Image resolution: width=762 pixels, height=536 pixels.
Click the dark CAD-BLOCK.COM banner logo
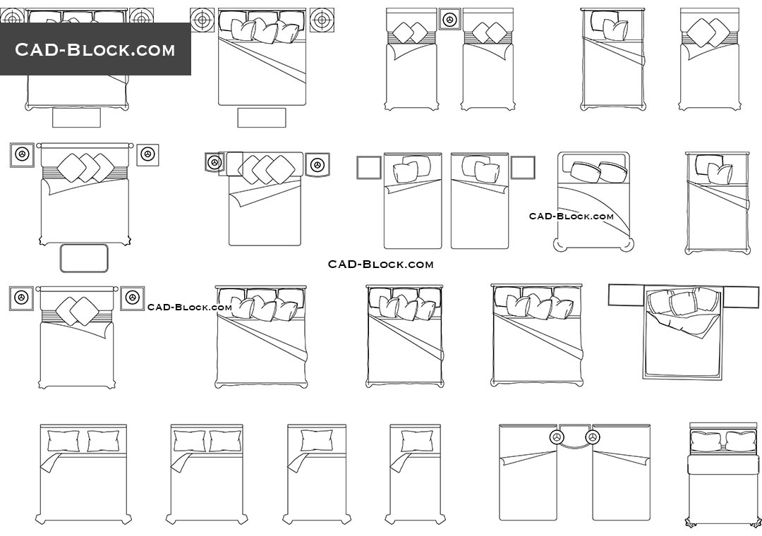(x=95, y=49)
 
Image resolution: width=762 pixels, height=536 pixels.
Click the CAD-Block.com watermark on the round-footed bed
(x=571, y=217)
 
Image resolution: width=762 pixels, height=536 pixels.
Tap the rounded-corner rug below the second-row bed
(x=84, y=258)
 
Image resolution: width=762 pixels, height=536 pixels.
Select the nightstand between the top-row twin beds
(x=450, y=20)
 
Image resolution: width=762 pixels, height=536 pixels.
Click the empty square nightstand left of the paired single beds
(x=369, y=168)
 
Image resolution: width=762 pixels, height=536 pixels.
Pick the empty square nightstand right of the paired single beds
(x=523, y=168)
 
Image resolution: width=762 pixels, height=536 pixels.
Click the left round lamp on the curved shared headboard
(x=555, y=437)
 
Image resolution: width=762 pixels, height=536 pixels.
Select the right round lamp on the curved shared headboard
(x=593, y=437)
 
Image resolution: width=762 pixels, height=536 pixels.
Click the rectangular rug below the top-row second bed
(x=262, y=118)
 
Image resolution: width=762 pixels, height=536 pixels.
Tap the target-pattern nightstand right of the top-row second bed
(x=321, y=20)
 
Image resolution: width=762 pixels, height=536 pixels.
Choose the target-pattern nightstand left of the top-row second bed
(x=202, y=20)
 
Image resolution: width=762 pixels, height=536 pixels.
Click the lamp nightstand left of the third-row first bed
(x=21, y=298)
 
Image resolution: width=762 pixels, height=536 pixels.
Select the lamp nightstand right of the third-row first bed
(x=132, y=298)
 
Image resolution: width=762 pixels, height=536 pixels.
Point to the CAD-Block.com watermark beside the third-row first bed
(x=190, y=307)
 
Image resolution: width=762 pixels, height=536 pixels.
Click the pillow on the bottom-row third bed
(x=316, y=441)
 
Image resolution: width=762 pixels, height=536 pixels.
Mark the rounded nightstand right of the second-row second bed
(x=317, y=165)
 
